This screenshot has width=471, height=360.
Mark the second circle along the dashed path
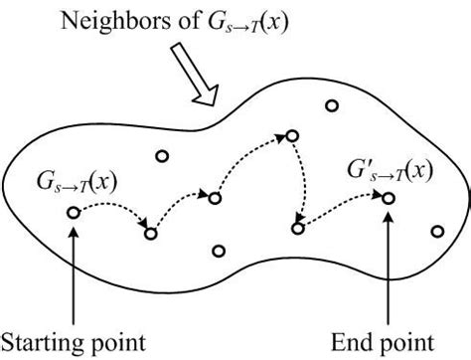click(151, 234)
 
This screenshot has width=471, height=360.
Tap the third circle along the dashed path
click(214, 198)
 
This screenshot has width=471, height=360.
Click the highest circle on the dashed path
click(292, 133)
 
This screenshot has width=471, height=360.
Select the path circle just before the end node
click(297, 229)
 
